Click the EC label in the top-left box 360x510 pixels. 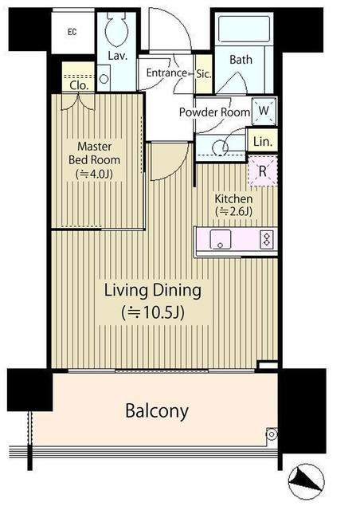(x=72, y=32)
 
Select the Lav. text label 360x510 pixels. (x=117, y=56)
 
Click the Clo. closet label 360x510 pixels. (x=79, y=85)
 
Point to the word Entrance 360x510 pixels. (x=166, y=73)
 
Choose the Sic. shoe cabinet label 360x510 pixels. (x=204, y=74)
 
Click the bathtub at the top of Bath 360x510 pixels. (x=244, y=29)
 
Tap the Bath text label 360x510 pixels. (x=241, y=60)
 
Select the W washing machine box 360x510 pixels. (x=264, y=111)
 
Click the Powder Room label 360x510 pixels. (x=214, y=112)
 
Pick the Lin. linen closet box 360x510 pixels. (x=263, y=141)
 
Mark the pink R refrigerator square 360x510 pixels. (x=263, y=171)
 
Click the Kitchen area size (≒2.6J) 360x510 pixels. (x=233, y=212)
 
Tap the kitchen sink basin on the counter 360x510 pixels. (x=220, y=239)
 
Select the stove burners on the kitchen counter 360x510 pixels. (x=267, y=239)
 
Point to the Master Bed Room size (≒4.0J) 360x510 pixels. (x=94, y=174)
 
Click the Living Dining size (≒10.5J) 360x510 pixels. (x=153, y=312)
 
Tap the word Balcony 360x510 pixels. (x=157, y=411)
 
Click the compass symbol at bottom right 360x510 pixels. (x=306, y=481)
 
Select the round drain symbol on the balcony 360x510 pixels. (x=272, y=433)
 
